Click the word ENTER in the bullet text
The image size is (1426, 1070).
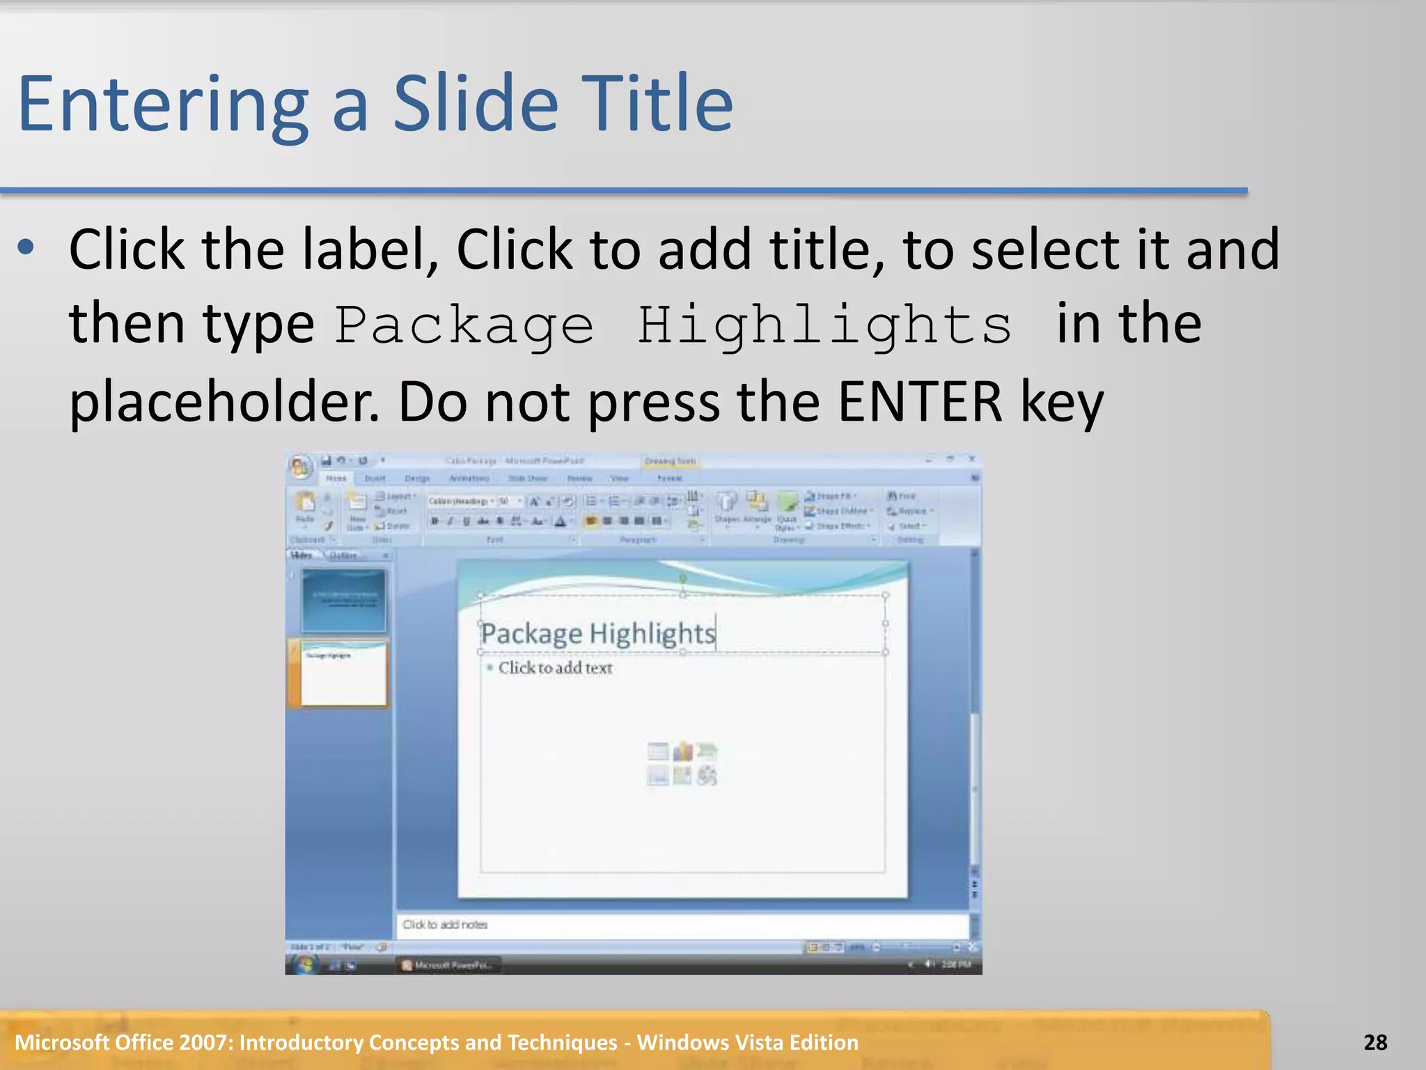tap(919, 402)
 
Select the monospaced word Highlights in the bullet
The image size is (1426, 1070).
tap(824, 325)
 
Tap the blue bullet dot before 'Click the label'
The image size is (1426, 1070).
tap(26, 247)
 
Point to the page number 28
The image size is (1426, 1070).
tap(1375, 1042)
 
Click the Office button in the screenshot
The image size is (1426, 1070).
tap(301, 467)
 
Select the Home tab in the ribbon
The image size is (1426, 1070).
tap(336, 479)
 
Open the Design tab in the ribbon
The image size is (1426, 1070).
tap(417, 479)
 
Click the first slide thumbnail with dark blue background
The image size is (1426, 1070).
tap(343, 600)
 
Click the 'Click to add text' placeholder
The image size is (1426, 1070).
tap(555, 668)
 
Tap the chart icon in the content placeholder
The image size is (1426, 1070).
tap(683, 751)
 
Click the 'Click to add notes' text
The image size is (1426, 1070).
tap(445, 924)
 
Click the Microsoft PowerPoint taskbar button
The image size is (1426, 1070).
tap(449, 965)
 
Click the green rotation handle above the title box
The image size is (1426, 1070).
tap(683, 578)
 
